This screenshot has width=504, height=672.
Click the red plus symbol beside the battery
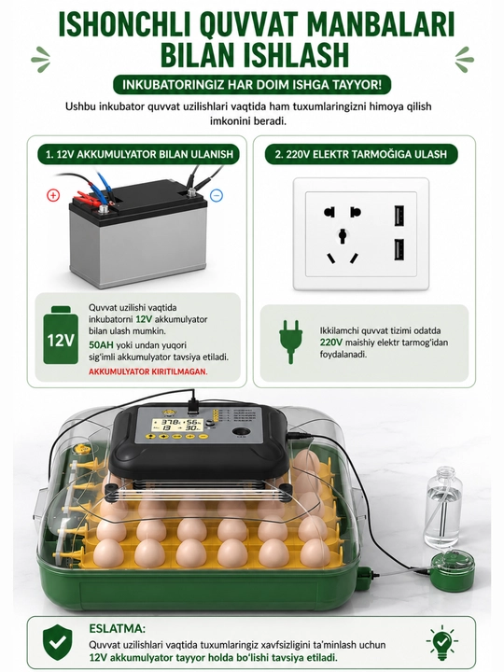click(52, 196)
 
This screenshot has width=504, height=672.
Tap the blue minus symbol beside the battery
click(217, 196)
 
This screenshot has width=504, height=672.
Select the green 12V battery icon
click(61, 335)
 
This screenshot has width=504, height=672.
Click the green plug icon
click(290, 342)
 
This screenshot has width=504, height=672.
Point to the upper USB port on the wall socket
click(399, 217)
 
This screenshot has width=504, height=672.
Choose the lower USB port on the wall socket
click(399, 249)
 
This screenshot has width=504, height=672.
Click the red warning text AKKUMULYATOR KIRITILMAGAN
click(147, 371)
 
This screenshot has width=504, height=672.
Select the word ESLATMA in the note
click(117, 629)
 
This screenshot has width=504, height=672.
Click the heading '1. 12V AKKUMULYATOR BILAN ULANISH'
click(140, 154)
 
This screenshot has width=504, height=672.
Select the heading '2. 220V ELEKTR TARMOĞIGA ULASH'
click(360, 154)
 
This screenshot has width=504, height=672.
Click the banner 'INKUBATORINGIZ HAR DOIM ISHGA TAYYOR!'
click(252, 84)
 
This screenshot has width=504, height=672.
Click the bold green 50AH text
click(101, 345)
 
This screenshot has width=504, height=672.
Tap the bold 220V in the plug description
click(331, 343)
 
